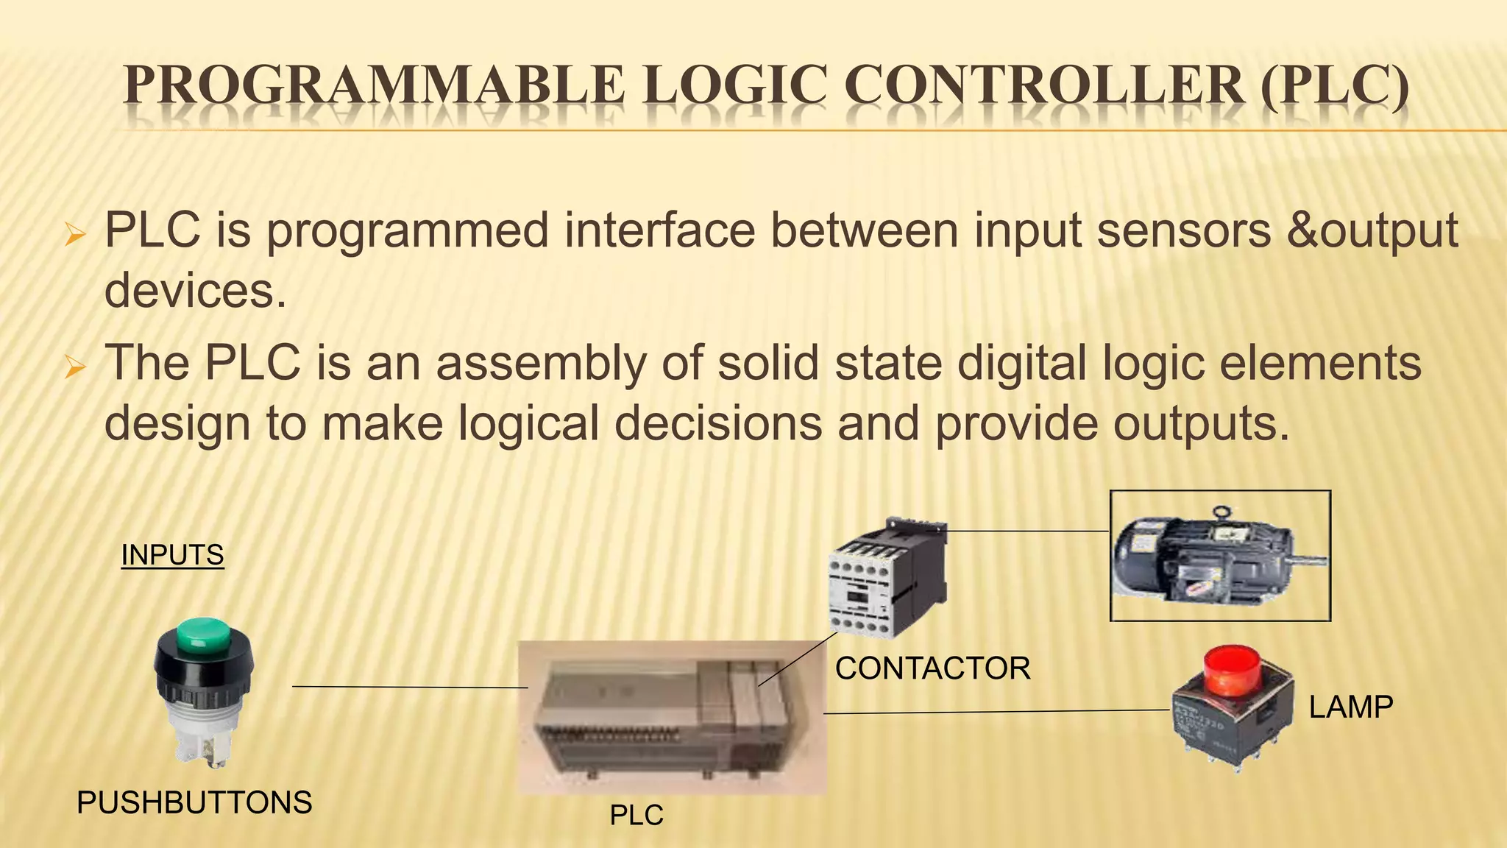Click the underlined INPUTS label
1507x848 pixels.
[172, 554]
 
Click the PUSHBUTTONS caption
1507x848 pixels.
[194, 802]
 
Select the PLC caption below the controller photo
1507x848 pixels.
[637, 816]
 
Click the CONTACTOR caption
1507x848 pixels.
[932, 668]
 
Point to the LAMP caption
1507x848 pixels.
[1350, 707]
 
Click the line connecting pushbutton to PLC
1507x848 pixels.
[409, 687]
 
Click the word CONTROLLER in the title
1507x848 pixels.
[1044, 86]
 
